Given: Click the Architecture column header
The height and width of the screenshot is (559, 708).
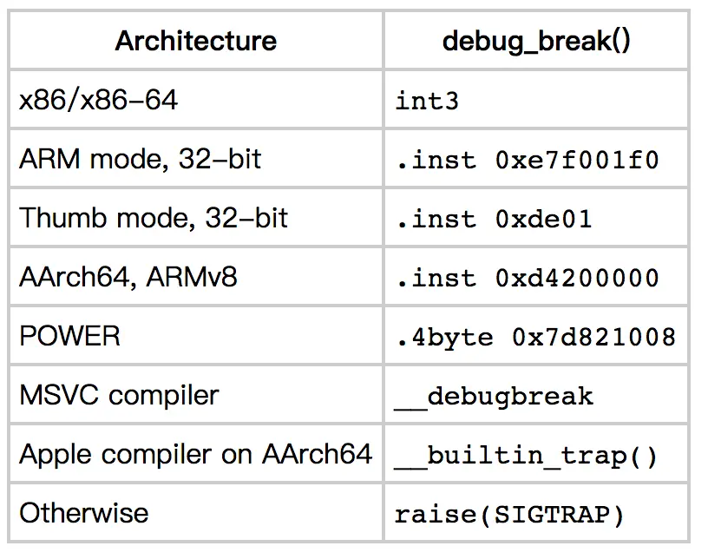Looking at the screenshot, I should [x=196, y=41].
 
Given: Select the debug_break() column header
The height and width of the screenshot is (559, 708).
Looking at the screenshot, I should [x=536, y=41].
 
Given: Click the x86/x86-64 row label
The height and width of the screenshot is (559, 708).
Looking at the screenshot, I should [x=98, y=100].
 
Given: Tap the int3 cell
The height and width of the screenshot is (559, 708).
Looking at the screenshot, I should [x=427, y=101].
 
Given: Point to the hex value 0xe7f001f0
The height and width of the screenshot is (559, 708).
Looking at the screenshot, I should [x=577, y=160].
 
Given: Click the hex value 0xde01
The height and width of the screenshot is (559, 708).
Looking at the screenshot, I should [x=543, y=219].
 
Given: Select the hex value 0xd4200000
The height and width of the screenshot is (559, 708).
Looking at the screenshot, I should [x=577, y=278].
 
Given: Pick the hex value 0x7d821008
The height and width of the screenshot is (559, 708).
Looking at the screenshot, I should [x=593, y=337].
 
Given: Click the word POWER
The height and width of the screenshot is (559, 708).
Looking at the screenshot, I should [x=69, y=336].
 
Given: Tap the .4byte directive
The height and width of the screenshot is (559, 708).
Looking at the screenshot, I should [x=443, y=337].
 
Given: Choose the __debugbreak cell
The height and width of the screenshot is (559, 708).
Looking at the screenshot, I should [x=494, y=396].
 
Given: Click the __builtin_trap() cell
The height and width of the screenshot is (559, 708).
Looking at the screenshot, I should [x=527, y=455].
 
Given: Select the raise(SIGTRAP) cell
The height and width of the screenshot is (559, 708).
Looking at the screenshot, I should [x=510, y=514].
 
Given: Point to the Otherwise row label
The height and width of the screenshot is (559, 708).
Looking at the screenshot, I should [x=83, y=513].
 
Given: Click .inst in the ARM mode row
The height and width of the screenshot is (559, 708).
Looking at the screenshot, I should [x=436, y=160].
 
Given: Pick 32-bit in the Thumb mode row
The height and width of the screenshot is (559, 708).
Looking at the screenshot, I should [x=246, y=218].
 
